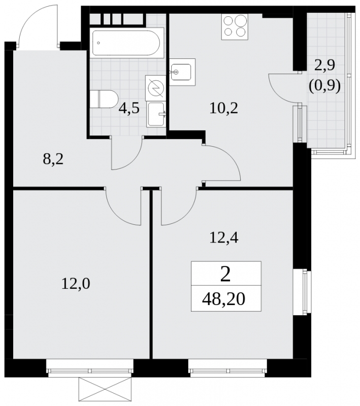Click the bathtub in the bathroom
[127, 43]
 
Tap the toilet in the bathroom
[104, 99]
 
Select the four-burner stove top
[235, 27]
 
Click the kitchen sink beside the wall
[182, 72]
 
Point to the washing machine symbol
[155, 88]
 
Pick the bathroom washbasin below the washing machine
[156, 114]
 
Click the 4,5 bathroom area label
[129, 108]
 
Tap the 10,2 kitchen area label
[224, 108]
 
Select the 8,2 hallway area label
[53, 159]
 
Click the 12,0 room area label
[76, 284]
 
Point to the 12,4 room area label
[224, 238]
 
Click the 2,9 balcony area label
[324, 65]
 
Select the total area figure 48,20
[223, 299]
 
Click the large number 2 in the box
[225, 275]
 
